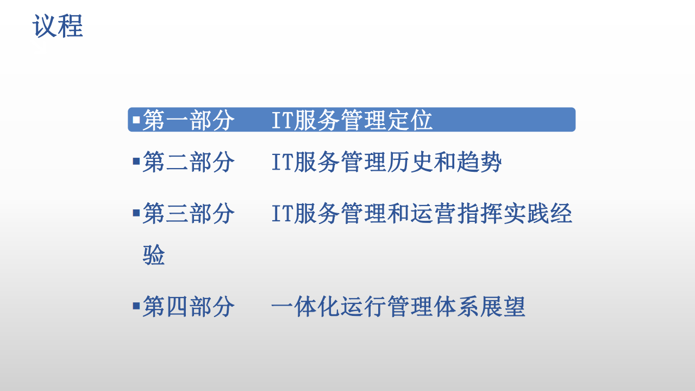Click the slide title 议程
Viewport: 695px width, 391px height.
(58, 26)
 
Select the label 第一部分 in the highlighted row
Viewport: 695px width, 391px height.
(189, 120)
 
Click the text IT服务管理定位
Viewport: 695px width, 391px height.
(352, 120)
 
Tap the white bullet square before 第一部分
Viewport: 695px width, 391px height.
(136, 118)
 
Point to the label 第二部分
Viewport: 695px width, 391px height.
(189, 162)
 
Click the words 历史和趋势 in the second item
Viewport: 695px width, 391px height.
(444, 162)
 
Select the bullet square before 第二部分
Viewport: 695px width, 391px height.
(136, 161)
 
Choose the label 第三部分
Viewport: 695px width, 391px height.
(189, 213)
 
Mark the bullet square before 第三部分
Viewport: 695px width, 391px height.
(136, 212)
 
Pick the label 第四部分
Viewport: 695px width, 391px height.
(189, 306)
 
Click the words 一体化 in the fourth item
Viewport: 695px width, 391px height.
(306, 306)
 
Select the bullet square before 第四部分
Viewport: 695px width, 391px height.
(136, 305)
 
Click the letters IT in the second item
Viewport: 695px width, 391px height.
(282, 162)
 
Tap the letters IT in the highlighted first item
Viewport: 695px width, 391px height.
(282, 120)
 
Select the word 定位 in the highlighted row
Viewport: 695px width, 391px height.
(411, 120)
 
